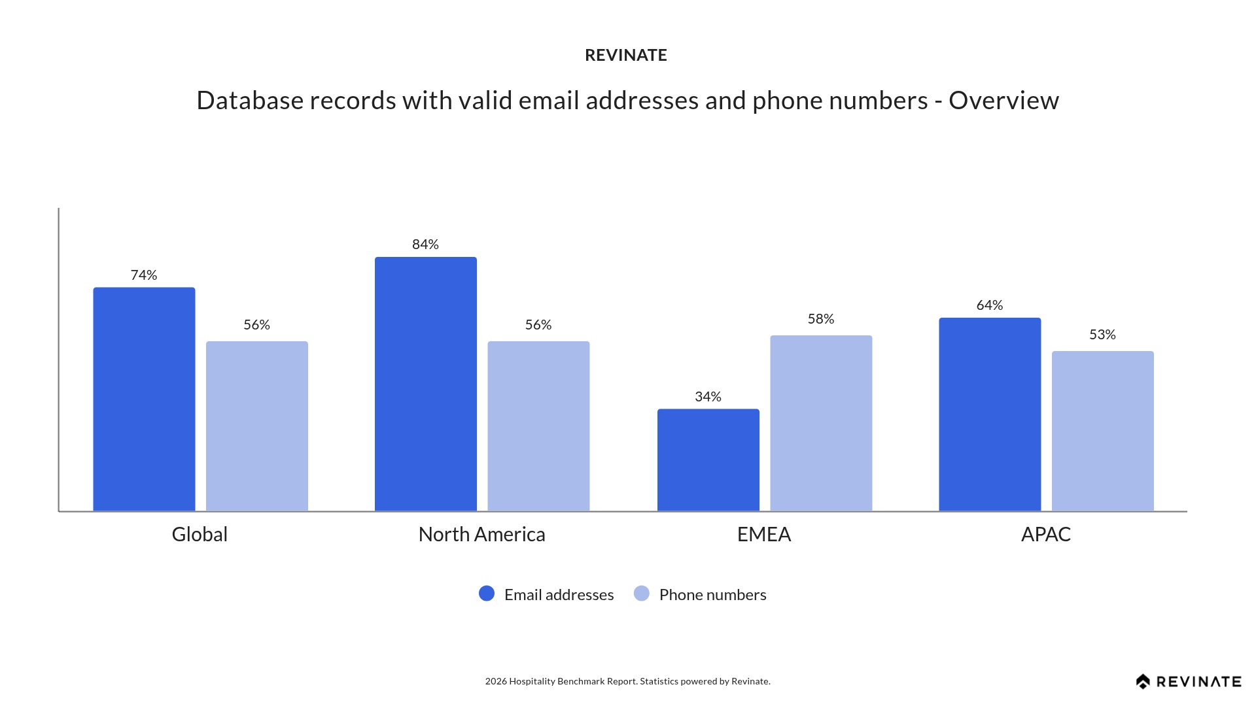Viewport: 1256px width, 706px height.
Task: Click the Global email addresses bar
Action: pyautogui.click(x=144, y=399)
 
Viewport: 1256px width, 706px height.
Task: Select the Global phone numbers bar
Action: pyautogui.click(x=256, y=426)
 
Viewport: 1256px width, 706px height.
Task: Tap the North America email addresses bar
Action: pyautogui.click(x=425, y=384)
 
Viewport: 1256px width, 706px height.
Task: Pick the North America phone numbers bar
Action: pyautogui.click(x=538, y=426)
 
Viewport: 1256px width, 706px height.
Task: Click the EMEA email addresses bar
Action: pyautogui.click(x=708, y=460)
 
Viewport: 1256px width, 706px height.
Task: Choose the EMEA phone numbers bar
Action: pyautogui.click(x=821, y=423)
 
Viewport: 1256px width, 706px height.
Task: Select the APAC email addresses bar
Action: pyautogui.click(x=990, y=414)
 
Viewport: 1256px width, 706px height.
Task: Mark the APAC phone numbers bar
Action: pyautogui.click(x=1102, y=431)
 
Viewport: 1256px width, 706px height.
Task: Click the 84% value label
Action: pyautogui.click(x=425, y=244)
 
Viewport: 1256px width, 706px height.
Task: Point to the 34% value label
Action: pyautogui.click(x=708, y=397)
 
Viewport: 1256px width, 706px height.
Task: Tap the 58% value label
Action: pyautogui.click(x=821, y=319)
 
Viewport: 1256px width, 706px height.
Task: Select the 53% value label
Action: pyautogui.click(x=1102, y=335)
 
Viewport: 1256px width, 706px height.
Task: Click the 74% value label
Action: pyautogui.click(x=144, y=275)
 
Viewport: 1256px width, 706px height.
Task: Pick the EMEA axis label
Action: pyautogui.click(x=764, y=535)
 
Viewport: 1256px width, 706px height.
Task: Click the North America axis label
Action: pyautogui.click(x=481, y=535)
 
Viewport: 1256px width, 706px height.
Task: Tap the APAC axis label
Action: pyautogui.click(x=1045, y=535)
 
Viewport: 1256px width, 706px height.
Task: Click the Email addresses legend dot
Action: pyautogui.click(x=487, y=594)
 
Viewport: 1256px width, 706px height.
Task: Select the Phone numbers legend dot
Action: pyautogui.click(x=642, y=594)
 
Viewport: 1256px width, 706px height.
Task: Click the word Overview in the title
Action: pyautogui.click(x=1003, y=101)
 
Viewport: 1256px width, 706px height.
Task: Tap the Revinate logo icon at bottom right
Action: pyautogui.click(x=1143, y=682)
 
